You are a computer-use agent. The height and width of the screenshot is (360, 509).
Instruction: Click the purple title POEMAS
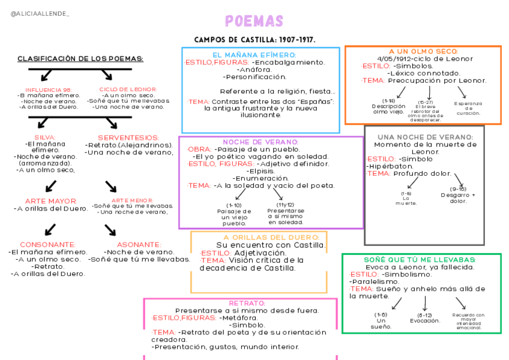[254, 21]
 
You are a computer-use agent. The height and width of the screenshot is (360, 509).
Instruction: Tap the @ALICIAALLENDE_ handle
[40, 13]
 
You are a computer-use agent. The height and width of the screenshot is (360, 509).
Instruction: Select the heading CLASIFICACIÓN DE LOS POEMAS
[80, 59]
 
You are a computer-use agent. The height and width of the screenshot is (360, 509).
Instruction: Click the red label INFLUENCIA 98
[49, 89]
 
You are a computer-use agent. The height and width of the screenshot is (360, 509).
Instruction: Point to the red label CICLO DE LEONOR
[128, 89]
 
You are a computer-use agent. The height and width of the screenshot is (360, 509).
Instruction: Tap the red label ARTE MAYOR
[51, 201]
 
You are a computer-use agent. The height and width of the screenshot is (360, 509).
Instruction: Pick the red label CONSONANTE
[47, 245]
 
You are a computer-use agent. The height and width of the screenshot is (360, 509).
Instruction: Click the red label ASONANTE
[139, 245]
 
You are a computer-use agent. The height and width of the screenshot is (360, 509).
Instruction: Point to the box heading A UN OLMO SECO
[423, 52]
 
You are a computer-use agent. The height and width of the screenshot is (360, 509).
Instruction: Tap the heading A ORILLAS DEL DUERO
[259, 237]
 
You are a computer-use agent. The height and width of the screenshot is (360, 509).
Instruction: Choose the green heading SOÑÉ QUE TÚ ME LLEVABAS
[420, 259]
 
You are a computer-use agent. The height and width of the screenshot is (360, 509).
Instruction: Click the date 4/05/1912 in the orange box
[396, 59]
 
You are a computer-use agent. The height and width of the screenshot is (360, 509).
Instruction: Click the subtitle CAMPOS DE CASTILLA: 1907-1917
[255, 40]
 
